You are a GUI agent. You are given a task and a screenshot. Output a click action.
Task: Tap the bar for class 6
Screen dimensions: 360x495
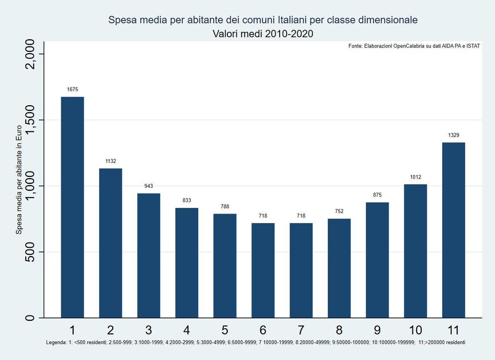tap(263, 270)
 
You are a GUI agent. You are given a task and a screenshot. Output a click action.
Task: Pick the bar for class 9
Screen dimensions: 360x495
tap(377, 260)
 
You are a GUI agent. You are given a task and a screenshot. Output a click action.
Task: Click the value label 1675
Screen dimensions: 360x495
tap(72, 89)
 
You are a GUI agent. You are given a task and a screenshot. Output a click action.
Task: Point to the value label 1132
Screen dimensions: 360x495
tap(110, 161)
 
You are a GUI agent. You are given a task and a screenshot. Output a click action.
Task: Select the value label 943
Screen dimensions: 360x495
tap(148, 186)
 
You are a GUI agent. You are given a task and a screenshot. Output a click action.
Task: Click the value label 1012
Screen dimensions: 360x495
tap(415, 177)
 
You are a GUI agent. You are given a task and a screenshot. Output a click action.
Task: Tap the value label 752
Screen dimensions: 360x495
tap(339, 211)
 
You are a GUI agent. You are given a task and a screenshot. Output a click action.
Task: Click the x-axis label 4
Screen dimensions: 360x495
tap(186, 330)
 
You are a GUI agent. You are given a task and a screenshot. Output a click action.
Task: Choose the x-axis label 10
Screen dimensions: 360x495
tap(415, 330)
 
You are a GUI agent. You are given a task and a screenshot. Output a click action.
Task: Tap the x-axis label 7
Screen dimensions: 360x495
tap(301, 330)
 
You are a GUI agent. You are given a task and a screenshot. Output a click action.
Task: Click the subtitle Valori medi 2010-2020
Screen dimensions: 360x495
tap(263, 34)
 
